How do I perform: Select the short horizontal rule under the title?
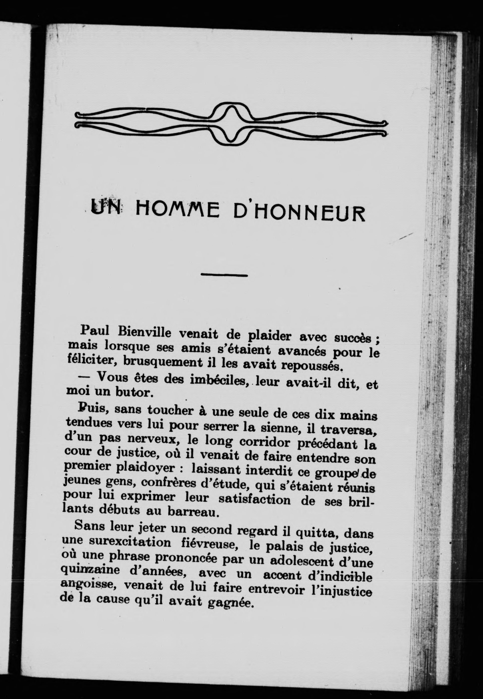tap(224, 275)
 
